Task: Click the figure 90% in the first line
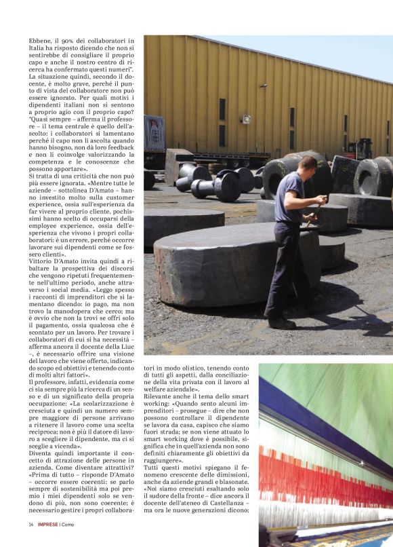77,40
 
